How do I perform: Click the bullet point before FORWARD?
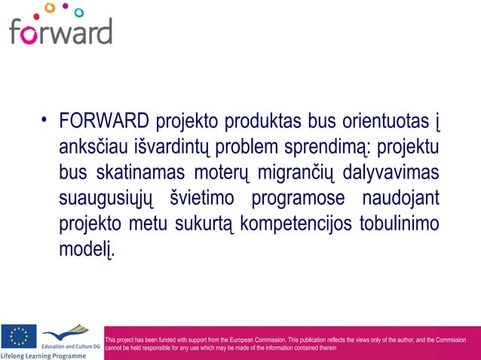46,120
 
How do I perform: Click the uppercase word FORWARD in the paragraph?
103,121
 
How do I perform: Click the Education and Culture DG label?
70,344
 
